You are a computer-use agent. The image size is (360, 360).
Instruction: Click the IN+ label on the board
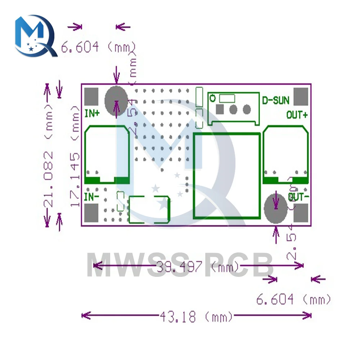[92, 114]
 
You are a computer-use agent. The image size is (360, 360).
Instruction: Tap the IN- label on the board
[92, 197]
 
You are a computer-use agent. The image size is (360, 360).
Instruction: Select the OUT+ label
[297, 115]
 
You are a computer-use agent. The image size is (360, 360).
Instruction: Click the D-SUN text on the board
[275, 100]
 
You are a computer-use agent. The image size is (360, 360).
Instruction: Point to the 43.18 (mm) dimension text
[196, 317]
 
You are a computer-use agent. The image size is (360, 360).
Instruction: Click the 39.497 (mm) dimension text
[198, 267]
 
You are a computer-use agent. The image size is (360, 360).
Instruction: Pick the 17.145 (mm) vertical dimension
[75, 157]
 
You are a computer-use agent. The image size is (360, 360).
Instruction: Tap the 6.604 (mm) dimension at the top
[98, 47]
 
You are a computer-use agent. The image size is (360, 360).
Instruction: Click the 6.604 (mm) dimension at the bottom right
[293, 300]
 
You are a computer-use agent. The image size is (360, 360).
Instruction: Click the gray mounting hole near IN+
[116, 99]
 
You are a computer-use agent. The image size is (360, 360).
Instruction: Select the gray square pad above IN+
[91, 96]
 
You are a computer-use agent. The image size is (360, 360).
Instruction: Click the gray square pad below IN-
[91, 213]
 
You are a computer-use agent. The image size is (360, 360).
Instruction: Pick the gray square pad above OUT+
[301, 96]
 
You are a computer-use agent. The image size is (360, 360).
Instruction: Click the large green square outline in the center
[226, 175]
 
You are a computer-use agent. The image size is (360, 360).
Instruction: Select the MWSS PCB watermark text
[180, 265]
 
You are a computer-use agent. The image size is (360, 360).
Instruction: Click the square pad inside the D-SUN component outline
[219, 108]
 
